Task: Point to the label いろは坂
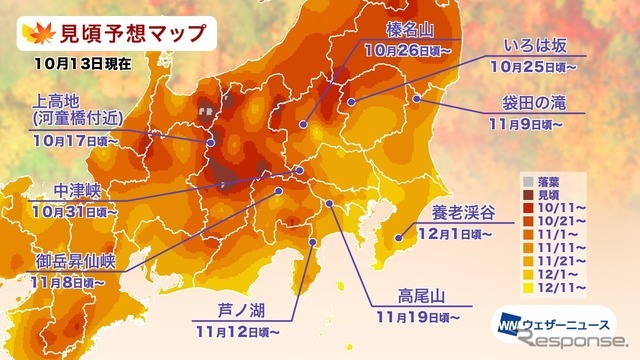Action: point(540,44)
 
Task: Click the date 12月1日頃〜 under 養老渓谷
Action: point(470,236)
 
